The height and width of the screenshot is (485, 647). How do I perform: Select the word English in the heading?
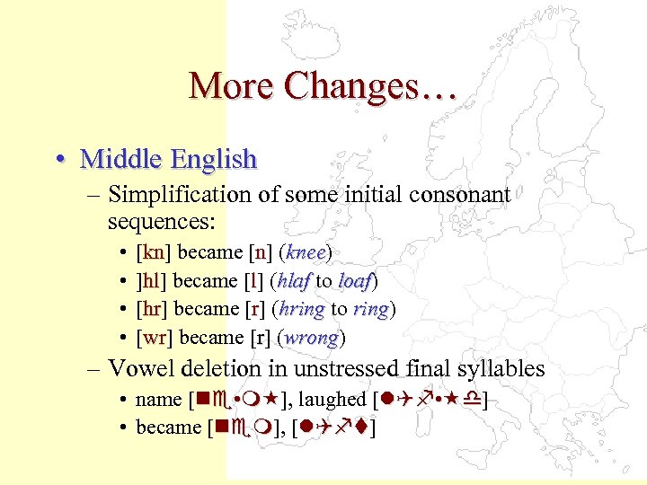tap(214, 160)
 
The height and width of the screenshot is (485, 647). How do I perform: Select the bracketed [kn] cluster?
tap(152, 251)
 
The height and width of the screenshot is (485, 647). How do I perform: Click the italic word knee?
tap(306, 251)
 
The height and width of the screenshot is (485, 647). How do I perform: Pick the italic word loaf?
tap(355, 280)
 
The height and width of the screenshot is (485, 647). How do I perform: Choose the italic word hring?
tap(301, 309)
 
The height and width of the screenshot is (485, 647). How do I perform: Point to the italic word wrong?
tap(312, 338)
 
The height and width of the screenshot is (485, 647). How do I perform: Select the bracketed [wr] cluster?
tap(153, 338)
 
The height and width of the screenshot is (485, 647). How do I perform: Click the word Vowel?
tap(137, 368)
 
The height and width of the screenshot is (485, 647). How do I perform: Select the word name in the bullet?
tap(158, 399)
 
